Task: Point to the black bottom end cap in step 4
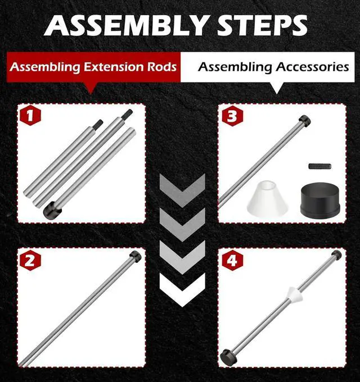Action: click(x=228, y=356)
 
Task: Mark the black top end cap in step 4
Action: click(x=336, y=256)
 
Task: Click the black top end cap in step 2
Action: click(x=135, y=257)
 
